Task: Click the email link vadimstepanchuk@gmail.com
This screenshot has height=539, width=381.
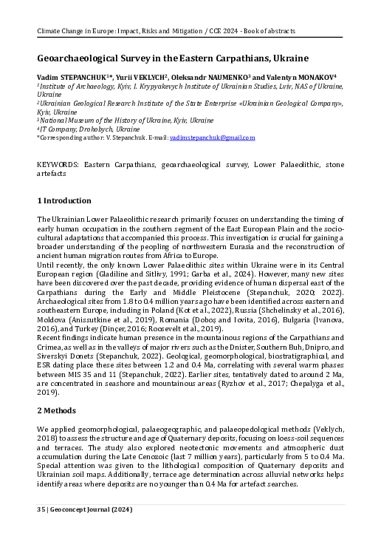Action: [212, 138]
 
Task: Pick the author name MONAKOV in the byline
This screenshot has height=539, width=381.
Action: [312, 76]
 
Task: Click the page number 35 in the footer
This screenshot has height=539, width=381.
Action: [41, 510]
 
